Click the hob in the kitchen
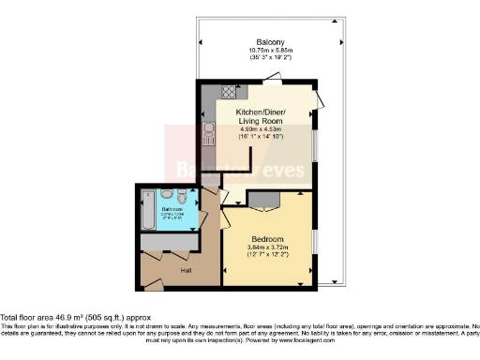227,92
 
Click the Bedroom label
266,239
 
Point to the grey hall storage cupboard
169,242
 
